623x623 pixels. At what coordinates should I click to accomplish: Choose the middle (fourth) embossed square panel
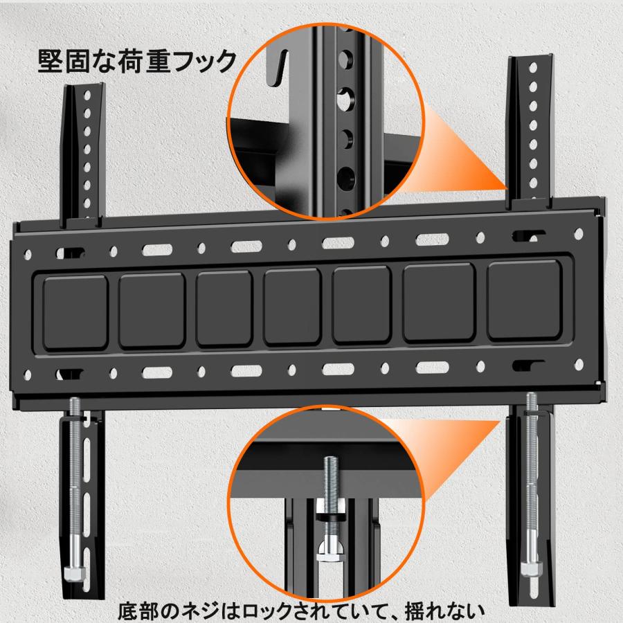click(x=291, y=307)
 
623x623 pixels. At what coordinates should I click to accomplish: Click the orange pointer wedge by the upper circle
click(x=471, y=159)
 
